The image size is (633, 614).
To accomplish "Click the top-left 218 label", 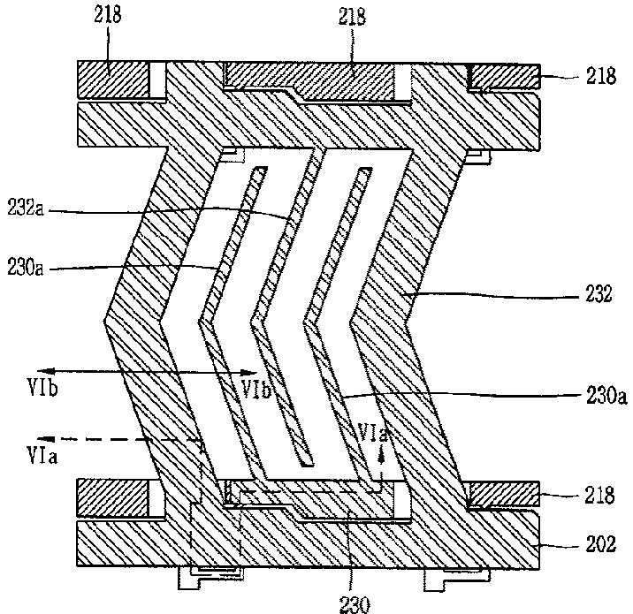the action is (108, 15).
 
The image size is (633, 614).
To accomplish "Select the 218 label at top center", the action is (352, 17).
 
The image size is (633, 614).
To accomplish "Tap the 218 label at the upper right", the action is (601, 76).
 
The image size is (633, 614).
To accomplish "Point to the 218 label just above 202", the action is (600, 495).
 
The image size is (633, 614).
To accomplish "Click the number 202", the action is (600, 544).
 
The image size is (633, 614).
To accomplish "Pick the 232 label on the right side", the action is (599, 293).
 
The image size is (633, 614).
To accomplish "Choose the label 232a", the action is (25, 209).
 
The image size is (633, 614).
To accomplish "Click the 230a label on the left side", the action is (25, 268).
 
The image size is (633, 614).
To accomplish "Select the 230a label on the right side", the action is (606, 396).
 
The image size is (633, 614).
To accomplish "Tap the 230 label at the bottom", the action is (355, 604).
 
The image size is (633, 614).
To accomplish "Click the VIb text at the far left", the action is (42, 388).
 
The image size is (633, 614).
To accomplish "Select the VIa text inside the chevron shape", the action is (373, 433).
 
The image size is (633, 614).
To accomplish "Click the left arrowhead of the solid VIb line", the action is (42, 371).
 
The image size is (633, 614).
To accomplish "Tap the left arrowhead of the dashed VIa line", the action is (42, 438).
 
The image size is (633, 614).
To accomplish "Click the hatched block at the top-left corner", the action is (112, 80).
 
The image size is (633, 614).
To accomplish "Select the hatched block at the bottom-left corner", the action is (111, 497).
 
